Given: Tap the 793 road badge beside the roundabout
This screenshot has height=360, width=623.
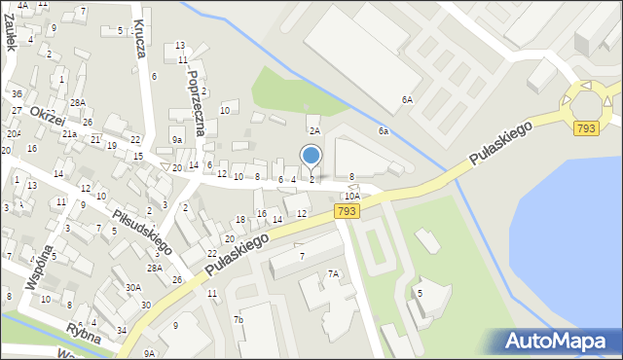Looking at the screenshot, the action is coord(585,128).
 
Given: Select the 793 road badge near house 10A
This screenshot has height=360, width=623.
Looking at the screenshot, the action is coord(346,210).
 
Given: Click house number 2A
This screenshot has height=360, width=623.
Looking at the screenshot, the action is coord(314,130).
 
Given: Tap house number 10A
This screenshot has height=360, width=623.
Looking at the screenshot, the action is coord(350,196).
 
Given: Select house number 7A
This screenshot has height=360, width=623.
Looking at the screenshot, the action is coord(333,273).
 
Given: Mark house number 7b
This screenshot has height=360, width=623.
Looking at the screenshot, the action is coord(238,319).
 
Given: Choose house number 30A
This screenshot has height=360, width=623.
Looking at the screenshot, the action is coord(132,287).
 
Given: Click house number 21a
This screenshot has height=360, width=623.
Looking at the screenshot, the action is coord(69,134).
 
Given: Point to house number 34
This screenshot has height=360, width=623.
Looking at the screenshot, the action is coord(122,331).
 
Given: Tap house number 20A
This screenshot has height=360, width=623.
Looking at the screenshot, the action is coord(14,134).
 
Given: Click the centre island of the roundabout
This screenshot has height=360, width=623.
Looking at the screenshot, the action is coord(589,100).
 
